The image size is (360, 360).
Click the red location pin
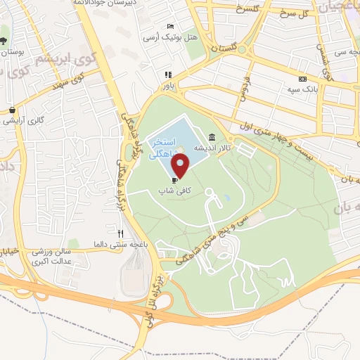pos(181,166)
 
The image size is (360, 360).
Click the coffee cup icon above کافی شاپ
pos(174,180)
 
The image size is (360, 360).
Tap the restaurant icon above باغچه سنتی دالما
pos(120,233)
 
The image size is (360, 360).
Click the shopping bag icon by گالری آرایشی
pos(13,110)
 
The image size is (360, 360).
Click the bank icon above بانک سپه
pos(302,79)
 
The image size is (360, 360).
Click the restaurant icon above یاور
pos(167,75)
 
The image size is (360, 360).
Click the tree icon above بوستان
pos(5,40)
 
